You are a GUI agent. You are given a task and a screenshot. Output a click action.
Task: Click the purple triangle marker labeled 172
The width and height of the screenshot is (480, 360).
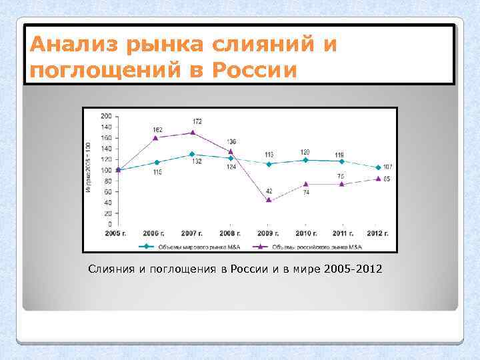tap(193, 132)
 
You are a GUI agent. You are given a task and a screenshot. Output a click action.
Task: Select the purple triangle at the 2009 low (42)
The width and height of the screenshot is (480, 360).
tap(269, 199)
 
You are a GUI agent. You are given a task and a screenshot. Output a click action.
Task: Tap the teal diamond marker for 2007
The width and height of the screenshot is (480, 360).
tap(193, 154)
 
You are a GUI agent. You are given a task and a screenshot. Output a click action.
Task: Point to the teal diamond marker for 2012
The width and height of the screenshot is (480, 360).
tap(379, 167)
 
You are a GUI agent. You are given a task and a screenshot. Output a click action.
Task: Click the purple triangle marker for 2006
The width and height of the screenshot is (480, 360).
tap(155, 137)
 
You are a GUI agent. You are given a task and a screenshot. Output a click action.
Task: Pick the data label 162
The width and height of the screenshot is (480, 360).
tap(158, 129)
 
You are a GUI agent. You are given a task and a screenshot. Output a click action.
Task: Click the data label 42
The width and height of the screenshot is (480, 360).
tap(269, 191)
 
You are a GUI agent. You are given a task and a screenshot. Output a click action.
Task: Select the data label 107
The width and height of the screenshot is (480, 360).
tap(388, 167)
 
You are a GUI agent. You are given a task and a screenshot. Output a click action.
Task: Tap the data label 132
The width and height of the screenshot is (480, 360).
tap(197, 162)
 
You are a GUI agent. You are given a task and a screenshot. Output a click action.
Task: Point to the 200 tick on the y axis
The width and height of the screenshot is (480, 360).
tap(107, 116)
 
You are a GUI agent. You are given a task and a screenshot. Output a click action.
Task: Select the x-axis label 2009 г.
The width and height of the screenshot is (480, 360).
tap(268, 233)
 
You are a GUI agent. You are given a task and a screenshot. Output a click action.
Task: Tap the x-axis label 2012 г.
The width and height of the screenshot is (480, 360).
tap(378, 233)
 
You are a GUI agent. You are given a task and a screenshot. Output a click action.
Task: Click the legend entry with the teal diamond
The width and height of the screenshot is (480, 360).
tap(183, 246)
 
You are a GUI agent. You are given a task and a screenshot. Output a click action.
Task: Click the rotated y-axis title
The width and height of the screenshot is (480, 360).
tap(89, 169)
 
